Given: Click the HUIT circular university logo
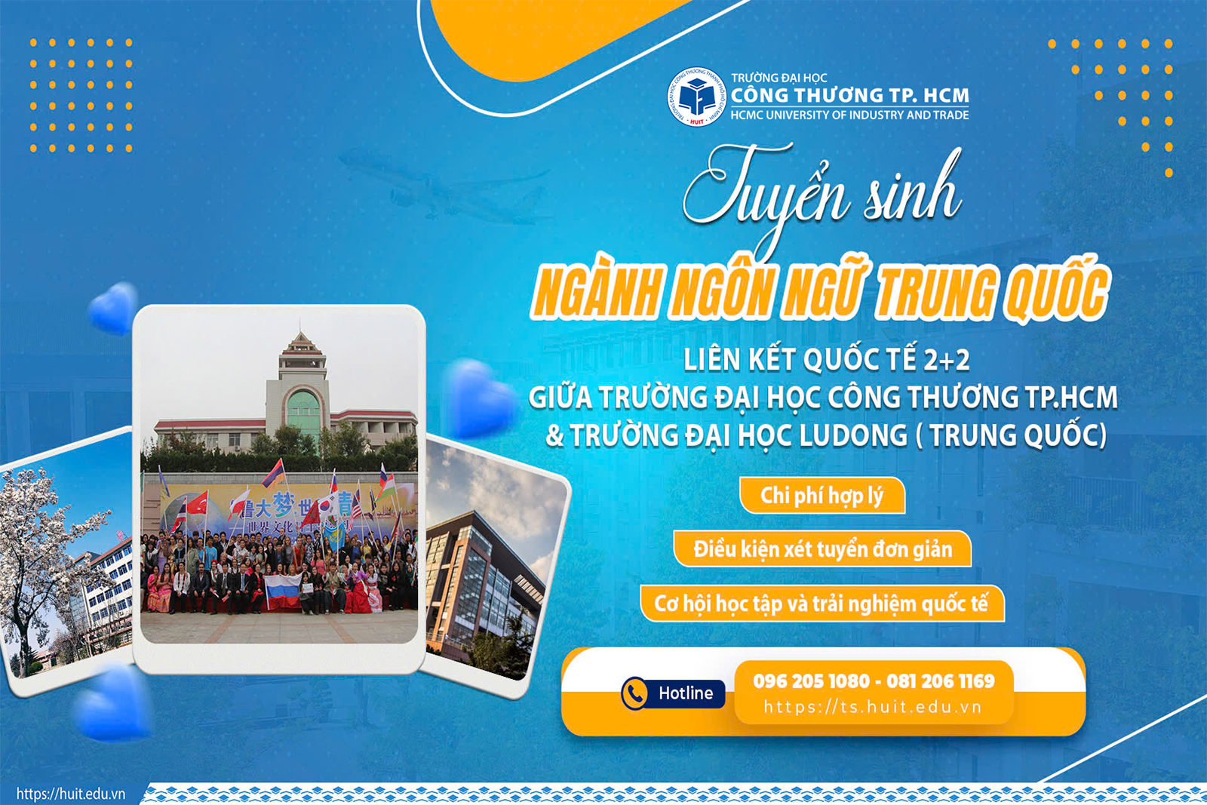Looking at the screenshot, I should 696,97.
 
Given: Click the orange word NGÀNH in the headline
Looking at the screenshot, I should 596,293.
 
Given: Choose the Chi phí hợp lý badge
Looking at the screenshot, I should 822,496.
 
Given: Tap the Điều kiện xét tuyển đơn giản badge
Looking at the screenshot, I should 822,549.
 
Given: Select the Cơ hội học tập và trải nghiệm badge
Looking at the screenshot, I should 822,604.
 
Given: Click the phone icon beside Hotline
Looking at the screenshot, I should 634,693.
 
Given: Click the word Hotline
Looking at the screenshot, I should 685,693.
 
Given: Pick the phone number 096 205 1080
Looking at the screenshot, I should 812,681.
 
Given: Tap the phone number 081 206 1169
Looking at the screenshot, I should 941,681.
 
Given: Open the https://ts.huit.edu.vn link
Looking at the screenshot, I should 873,708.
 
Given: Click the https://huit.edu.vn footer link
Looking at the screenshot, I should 71,794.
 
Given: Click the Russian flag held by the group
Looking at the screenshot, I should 283,591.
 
